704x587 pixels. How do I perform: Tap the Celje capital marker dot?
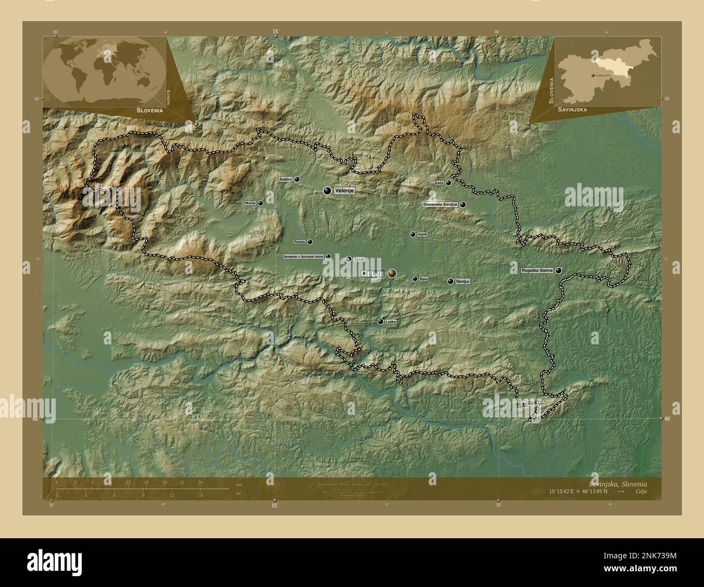click(x=392, y=273)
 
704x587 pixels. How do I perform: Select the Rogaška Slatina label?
click(x=537, y=270)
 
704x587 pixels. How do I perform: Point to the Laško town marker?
click(x=381, y=322)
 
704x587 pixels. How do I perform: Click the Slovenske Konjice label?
click(x=440, y=205)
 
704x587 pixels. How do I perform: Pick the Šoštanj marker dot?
click(x=297, y=179)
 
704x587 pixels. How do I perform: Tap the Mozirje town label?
click(x=250, y=203)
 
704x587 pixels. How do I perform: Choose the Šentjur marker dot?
click(x=451, y=281)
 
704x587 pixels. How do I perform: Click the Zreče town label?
click(x=439, y=183)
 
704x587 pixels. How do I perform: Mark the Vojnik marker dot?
click(x=413, y=234)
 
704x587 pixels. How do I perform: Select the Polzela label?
click(x=299, y=242)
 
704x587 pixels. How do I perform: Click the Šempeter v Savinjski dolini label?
click(x=303, y=257)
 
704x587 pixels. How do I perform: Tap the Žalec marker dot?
click(x=349, y=259)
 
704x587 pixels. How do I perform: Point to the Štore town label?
click(x=423, y=279)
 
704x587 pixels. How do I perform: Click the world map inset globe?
click(x=105, y=71)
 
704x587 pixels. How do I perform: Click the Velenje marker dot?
click(x=327, y=191)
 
